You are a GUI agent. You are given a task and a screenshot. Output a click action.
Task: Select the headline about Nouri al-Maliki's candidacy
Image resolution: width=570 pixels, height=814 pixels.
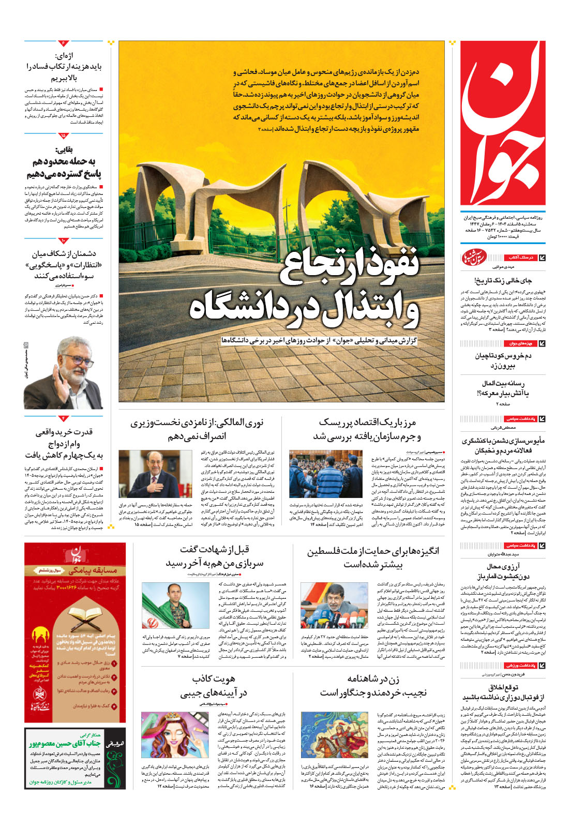[197, 430]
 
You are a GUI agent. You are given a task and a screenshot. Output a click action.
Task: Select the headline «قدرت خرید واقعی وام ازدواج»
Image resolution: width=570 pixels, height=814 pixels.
[64, 443]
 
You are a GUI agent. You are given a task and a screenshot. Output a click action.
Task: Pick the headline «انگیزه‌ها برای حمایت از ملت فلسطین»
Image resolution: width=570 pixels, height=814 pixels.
[372, 557]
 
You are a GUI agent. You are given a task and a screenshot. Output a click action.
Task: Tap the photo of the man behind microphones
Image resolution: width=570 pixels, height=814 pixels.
[334, 605]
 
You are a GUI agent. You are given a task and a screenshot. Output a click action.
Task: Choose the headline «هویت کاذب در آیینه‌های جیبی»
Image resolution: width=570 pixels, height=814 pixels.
[213, 685]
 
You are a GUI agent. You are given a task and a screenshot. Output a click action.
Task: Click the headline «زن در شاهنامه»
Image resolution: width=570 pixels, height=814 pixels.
[372, 685]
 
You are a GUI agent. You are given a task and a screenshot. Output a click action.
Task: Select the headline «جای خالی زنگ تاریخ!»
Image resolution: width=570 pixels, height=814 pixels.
[503, 280]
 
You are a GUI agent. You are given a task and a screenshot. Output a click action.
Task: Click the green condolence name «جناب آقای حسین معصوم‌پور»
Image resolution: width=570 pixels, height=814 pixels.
[64, 743]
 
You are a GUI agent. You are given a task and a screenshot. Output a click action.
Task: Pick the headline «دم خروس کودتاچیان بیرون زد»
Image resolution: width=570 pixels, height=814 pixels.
[503, 360]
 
